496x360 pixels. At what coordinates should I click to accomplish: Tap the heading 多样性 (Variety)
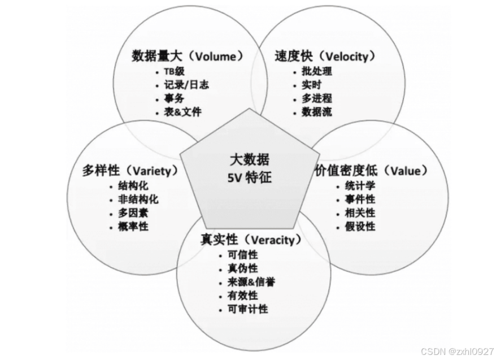130,170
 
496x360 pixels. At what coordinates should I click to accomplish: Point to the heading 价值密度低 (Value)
371,170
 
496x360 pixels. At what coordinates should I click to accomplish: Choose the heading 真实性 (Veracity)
248,239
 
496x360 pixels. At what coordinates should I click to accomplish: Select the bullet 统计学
360,186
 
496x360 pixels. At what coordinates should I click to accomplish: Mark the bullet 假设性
360,227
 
